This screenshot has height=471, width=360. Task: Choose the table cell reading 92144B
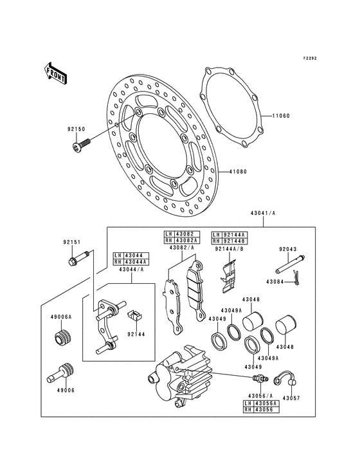235,239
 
